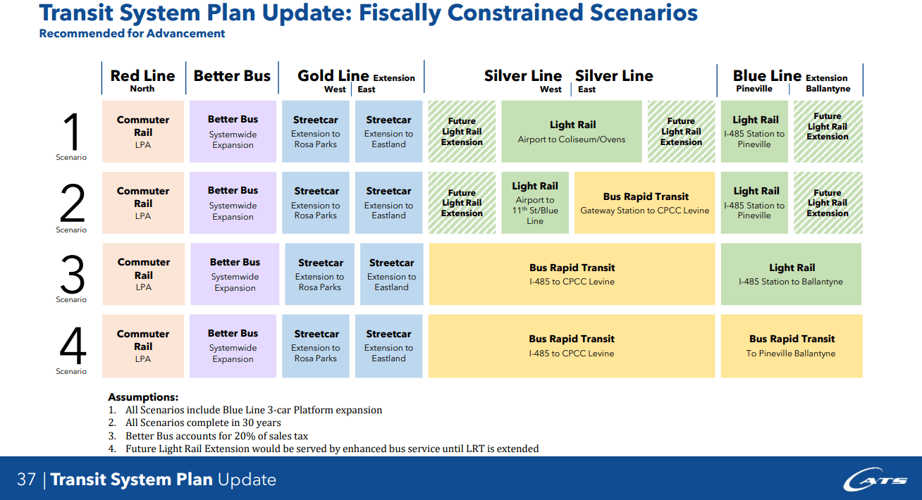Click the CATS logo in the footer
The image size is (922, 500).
[x=876, y=480]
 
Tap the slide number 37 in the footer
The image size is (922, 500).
[x=26, y=480]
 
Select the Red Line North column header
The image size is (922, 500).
[x=142, y=80]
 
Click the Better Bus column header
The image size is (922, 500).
[x=232, y=76]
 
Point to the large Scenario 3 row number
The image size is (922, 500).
[x=72, y=274]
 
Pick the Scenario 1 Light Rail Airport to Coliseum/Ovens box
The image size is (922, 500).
[x=572, y=132]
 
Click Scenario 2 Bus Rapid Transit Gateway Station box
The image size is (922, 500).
[x=645, y=203]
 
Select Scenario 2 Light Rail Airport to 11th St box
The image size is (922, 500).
[x=535, y=203]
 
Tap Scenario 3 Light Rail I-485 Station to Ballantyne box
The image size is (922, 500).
[x=791, y=274]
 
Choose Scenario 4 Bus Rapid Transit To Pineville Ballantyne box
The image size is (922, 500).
[x=791, y=346]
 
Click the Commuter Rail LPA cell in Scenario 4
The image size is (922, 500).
[x=143, y=346]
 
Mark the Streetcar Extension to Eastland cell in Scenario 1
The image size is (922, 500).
[x=388, y=132]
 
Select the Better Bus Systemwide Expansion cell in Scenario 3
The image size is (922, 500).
[x=235, y=274]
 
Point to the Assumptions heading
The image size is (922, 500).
[x=143, y=397]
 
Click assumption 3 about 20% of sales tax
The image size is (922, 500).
[x=216, y=436]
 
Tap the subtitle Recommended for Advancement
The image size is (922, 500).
[x=133, y=33]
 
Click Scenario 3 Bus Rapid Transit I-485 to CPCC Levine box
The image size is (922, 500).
[x=572, y=274]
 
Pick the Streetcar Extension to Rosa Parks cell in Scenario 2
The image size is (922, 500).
[x=316, y=203]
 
